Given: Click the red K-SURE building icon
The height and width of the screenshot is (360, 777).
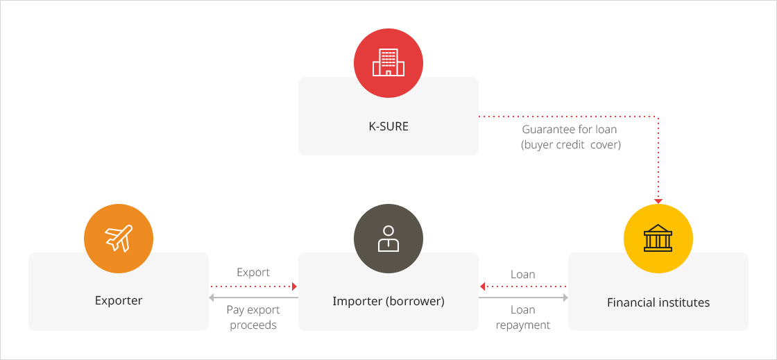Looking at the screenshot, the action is point(388,63).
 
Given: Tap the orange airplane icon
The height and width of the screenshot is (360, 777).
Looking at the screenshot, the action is point(119,239).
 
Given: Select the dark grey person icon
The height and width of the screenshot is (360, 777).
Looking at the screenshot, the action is point(388,239).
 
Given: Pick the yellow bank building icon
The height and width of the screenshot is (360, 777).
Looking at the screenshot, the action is point(658,239).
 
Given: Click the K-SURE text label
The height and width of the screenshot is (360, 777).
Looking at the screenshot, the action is point(388,126).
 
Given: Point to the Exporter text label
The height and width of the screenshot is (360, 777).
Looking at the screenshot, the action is point(119,300).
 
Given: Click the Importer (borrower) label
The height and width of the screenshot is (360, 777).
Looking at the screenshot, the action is point(388,301).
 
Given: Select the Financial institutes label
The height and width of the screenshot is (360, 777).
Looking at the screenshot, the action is point(658,302).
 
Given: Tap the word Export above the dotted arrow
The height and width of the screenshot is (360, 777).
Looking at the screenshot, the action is point(253,273).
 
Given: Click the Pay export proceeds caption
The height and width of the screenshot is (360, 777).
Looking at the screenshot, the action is point(253,318).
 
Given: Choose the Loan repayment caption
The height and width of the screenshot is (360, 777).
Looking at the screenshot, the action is point(523,318).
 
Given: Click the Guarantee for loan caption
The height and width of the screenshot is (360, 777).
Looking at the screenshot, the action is point(570,129).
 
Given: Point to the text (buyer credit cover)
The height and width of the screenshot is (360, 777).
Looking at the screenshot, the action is point(570,146).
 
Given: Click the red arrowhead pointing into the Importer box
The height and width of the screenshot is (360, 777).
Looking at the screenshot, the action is point(294,286).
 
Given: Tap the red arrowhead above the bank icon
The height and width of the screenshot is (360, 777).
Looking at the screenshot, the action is point(658,201).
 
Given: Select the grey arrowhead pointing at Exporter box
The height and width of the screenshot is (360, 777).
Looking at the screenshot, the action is point(212,298).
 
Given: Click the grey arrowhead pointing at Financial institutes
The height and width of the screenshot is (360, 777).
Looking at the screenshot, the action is point(565,298).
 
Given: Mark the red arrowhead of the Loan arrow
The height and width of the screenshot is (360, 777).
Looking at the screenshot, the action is point(482,286).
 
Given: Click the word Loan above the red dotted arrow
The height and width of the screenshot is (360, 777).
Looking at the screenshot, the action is point(523,274).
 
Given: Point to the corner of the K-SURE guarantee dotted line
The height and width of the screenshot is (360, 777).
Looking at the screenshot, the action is point(658,117).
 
